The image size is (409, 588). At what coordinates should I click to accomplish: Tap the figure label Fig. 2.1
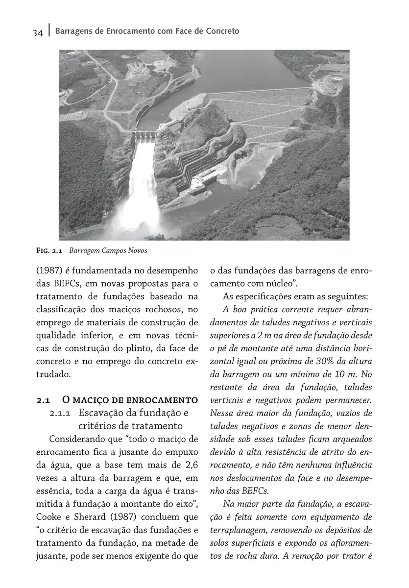coord(48,250)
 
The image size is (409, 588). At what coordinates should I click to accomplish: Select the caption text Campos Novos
coord(124,250)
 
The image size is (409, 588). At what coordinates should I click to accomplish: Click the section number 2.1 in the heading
coord(44,400)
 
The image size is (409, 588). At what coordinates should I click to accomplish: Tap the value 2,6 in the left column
coord(189,464)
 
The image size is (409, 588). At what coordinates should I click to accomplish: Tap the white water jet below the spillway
coord(136,196)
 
